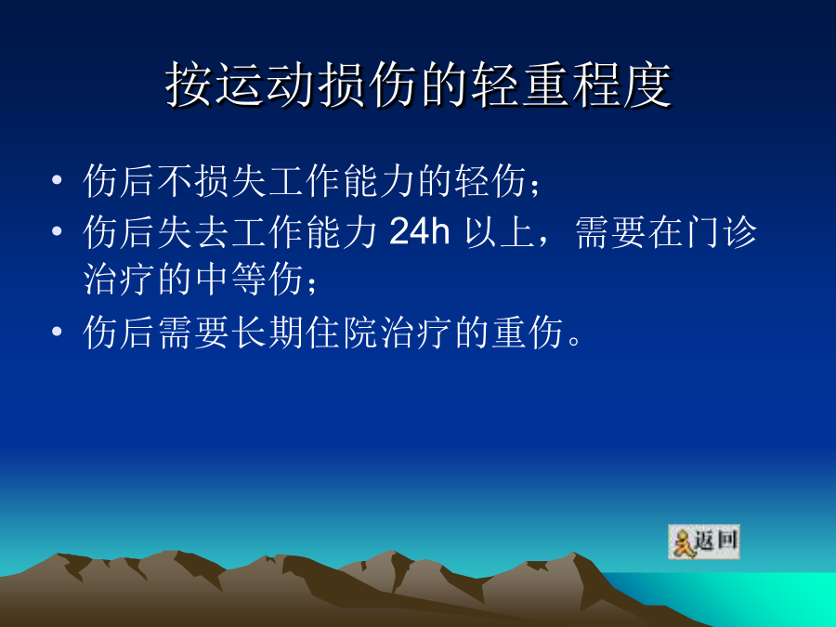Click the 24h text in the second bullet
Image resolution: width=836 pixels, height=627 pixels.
click(420, 231)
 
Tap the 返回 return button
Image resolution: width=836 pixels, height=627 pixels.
click(704, 542)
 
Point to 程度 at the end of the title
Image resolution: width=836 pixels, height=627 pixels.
click(621, 85)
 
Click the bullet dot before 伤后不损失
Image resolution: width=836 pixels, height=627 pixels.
click(57, 179)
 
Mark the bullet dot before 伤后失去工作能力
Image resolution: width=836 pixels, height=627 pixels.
click(57, 231)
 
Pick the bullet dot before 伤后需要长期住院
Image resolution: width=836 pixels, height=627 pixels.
click(57, 332)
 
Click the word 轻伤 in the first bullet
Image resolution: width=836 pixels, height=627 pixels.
click(490, 181)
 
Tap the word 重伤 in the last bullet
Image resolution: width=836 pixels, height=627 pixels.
click(527, 333)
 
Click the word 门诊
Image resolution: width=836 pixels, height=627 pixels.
click(722, 232)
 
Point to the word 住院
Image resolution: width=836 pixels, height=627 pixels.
click(342, 333)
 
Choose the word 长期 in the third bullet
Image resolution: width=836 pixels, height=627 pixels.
click(268, 333)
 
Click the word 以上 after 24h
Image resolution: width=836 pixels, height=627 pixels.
click(499, 232)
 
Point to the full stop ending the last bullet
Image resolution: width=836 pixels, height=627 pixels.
click(575, 340)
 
